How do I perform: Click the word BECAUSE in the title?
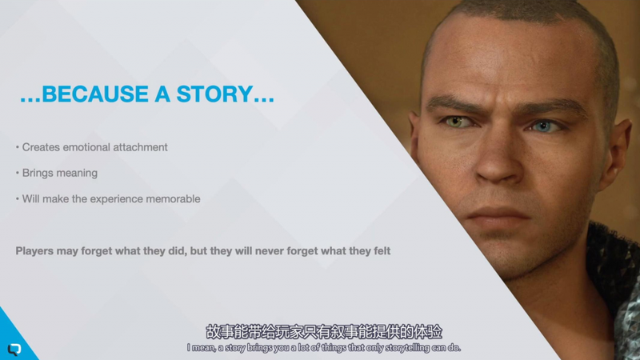pyautogui.click(x=95, y=94)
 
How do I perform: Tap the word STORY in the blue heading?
pyautogui.click(x=214, y=94)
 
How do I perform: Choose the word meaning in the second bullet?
pyautogui.click(x=77, y=174)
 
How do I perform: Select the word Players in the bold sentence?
pyautogui.click(x=34, y=251)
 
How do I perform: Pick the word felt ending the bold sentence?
pyautogui.click(x=382, y=250)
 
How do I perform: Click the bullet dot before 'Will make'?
pyautogui.click(x=17, y=199)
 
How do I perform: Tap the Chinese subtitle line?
pyautogui.click(x=324, y=332)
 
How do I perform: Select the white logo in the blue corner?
pyautogui.click(x=14, y=349)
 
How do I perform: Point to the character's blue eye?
pyautogui.click(x=544, y=126)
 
